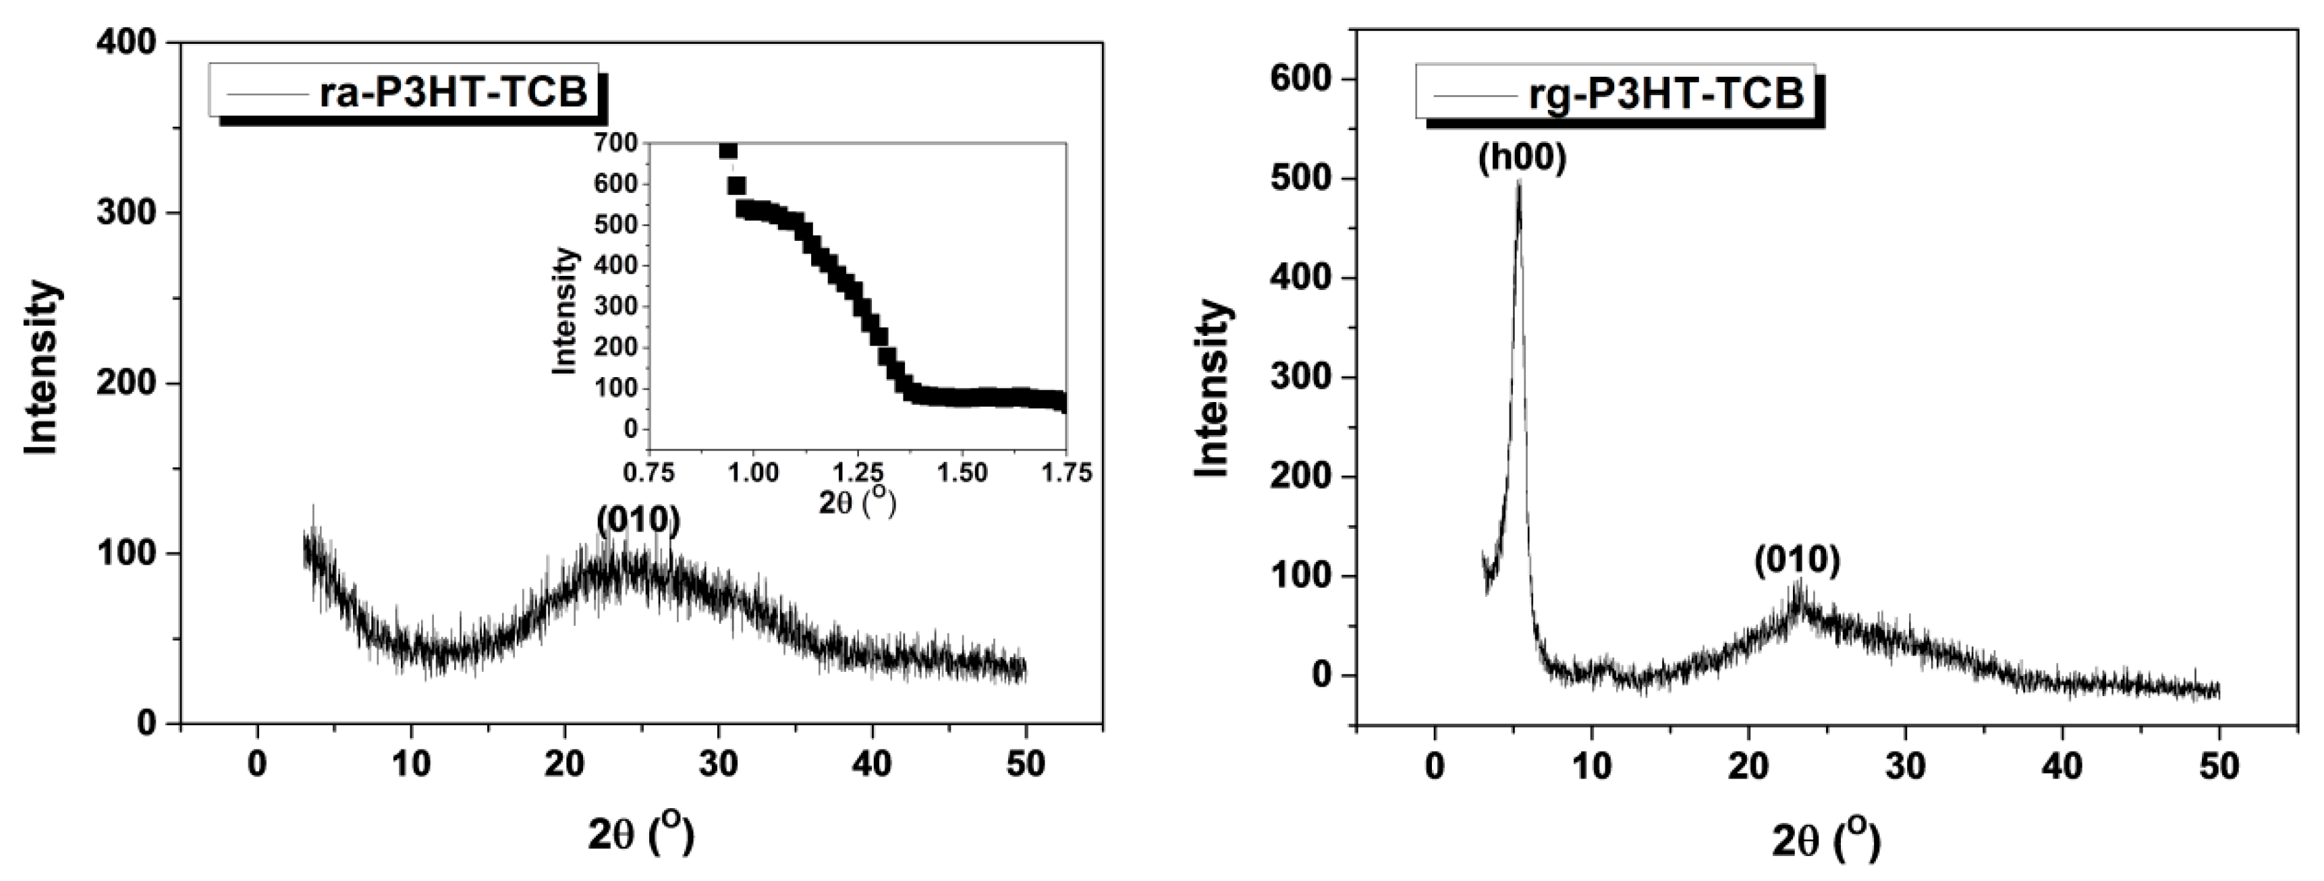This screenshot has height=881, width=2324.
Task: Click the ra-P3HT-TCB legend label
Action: pos(453,92)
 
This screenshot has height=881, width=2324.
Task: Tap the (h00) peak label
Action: pos(1522,159)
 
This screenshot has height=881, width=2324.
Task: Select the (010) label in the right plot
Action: pos(1796,561)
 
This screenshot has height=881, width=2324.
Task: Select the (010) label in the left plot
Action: pos(638,519)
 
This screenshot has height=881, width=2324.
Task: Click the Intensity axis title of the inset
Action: pos(564,311)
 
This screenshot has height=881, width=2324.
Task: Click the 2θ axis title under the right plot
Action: pos(1826,839)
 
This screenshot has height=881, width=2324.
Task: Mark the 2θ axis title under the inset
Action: pos(857,503)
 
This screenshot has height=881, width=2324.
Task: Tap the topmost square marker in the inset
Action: pos(728,150)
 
